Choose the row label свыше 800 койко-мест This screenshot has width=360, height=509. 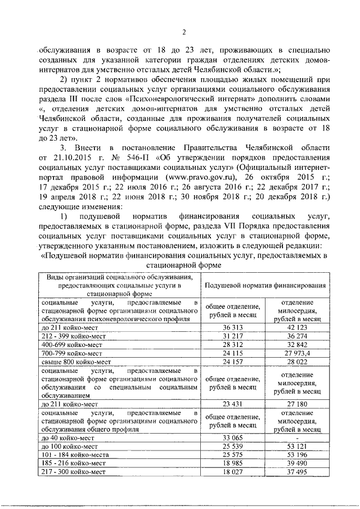click(74, 363)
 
